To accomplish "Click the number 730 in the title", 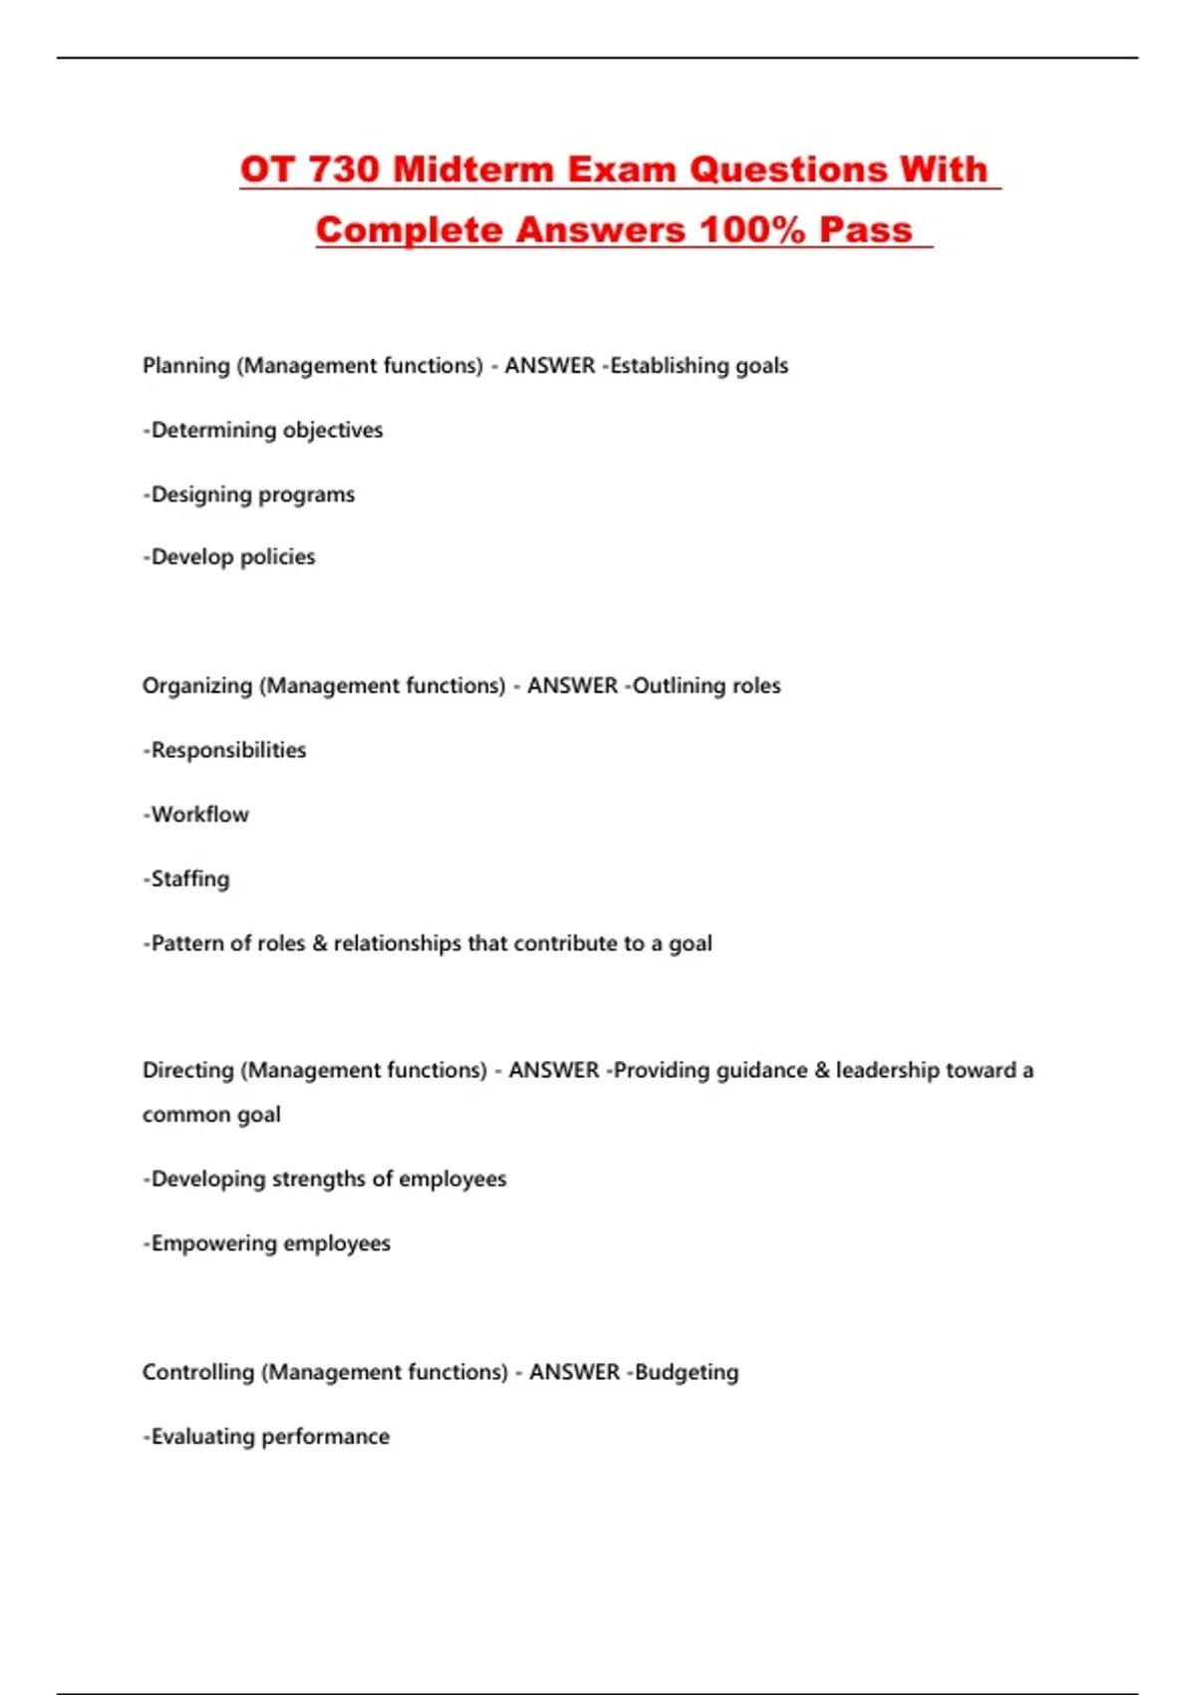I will point(344,169).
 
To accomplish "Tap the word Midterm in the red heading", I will point(473,169).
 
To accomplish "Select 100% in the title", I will point(751,230).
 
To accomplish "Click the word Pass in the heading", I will point(865,230).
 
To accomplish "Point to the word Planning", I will point(186,366).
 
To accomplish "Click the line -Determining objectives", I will point(263,431).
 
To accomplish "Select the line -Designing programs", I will point(249,495).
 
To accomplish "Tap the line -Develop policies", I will point(229,557).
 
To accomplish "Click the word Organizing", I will point(197,686).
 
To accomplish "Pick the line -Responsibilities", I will point(225,750).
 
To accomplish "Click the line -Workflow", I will point(196,815).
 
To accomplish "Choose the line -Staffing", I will point(186,879).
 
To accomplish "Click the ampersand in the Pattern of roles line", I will point(320,943).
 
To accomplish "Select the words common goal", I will point(211,1115).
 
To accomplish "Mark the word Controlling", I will point(198,1372).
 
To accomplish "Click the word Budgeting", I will point(687,1372).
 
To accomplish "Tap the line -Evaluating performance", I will point(266,1437).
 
